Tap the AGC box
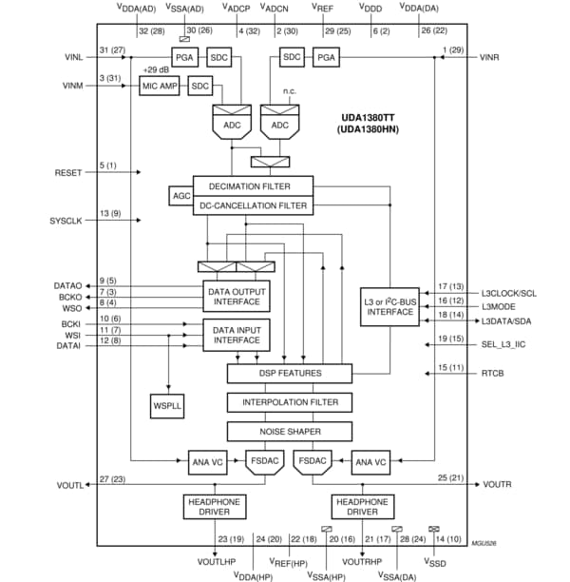[x=180, y=195]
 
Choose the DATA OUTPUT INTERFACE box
[x=237, y=297]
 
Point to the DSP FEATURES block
[x=289, y=374]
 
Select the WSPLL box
[x=166, y=405]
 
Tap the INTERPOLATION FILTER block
[x=289, y=402]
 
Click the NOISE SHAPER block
[x=289, y=431]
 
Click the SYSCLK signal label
[x=67, y=221]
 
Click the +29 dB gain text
[x=156, y=70]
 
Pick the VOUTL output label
[x=70, y=485]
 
